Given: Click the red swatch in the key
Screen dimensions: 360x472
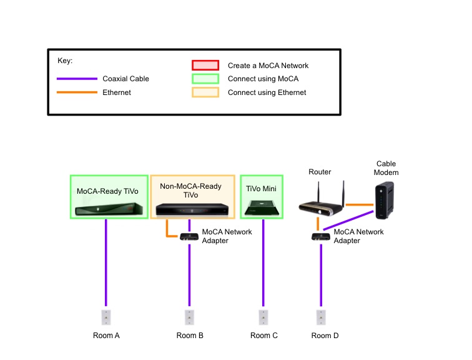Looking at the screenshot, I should [205, 65].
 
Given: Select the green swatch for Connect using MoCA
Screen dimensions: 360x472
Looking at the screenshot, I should [205, 79].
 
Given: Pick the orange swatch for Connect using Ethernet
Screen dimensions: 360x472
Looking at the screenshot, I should [205, 92].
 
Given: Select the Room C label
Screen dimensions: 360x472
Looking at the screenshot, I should [264, 336].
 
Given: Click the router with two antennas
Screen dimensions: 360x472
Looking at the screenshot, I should [321, 202].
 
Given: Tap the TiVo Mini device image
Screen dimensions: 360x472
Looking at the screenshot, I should [262, 208].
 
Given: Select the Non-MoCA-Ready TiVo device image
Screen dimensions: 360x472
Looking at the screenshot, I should [192, 211].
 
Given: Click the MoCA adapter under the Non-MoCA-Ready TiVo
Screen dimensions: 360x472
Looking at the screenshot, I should [189, 237].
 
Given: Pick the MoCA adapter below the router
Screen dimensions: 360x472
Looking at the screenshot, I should [321, 237].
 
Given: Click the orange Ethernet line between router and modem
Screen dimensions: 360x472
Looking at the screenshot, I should [359, 204].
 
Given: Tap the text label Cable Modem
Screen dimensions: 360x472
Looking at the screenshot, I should [386, 168].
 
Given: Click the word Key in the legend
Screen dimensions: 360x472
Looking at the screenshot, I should [65, 61].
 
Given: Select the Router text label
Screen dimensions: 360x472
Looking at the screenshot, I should [320, 172].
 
